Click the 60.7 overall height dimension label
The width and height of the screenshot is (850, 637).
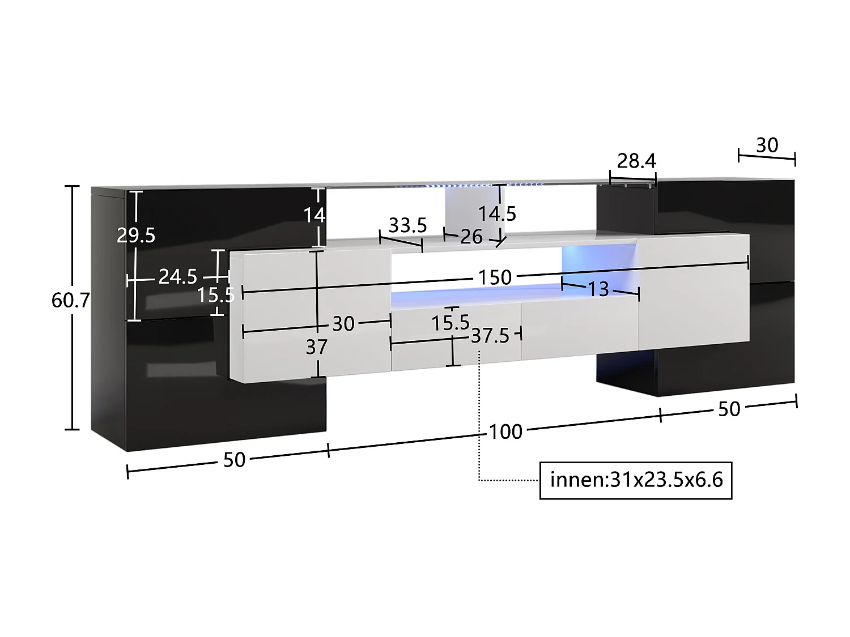[x=70, y=300]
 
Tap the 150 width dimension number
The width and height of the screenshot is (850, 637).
[x=495, y=277]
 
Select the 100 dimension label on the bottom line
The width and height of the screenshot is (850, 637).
[x=505, y=431]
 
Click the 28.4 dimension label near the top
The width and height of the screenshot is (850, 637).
[x=636, y=161]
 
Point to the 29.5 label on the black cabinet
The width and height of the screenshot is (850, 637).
[x=136, y=235]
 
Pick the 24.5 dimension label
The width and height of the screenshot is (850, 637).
[x=177, y=276]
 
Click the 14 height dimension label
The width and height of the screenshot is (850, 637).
[x=314, y=215]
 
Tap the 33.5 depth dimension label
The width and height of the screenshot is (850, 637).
[x=407, y=225]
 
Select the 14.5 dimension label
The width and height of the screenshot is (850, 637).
[x=497, y=213]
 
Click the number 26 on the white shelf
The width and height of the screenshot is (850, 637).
[x=471, y=237]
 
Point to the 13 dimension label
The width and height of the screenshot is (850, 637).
[x=598, y=289]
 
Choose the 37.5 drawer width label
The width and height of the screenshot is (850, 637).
[x=490, y=336]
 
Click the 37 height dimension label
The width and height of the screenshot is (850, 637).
[x=316, y=347]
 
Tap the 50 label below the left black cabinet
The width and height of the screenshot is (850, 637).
[x=234, y=460]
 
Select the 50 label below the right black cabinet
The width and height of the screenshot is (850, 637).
[x=729, y=409]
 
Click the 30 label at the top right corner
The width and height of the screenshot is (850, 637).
[x=767, y=146]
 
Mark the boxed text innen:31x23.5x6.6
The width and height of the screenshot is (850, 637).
[x=636, y=480]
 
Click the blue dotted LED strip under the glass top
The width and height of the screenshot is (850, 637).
[x=470, y=185]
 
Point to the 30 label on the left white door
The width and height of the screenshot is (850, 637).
[x=343, y=324]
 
